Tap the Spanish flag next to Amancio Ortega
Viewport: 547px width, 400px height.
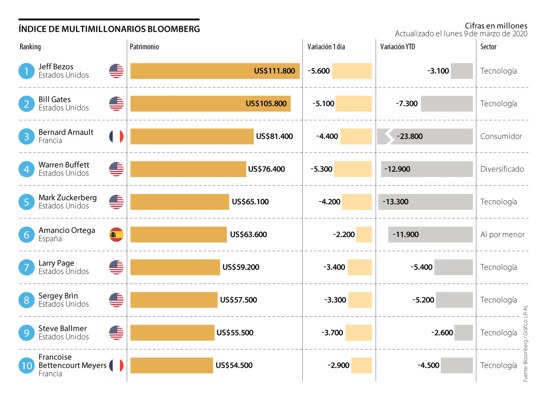[116, 235]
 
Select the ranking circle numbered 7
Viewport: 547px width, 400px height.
[26, 268]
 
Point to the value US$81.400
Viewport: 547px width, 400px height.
[274, 137]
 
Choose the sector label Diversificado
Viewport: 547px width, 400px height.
[502, 169]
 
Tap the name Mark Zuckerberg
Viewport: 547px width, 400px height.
[67, 197]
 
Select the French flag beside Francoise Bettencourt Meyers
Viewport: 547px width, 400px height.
[116, 365]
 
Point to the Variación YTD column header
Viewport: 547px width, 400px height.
[397, 47]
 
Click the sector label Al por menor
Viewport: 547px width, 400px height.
[502, 235]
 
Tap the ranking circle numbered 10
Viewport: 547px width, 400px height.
[26, 365]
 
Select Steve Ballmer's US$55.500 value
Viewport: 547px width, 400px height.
[235, 333]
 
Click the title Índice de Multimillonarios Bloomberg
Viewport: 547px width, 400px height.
[109, 29]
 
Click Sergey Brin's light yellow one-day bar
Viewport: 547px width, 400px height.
[360, 300]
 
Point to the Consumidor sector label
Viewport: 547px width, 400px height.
[501, 137]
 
